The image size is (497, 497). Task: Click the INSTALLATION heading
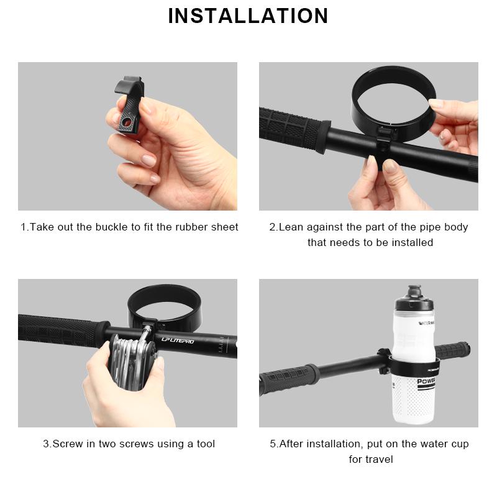[248, 16]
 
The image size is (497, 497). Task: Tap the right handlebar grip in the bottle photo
[457, 349]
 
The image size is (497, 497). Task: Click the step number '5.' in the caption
[273, 444]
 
